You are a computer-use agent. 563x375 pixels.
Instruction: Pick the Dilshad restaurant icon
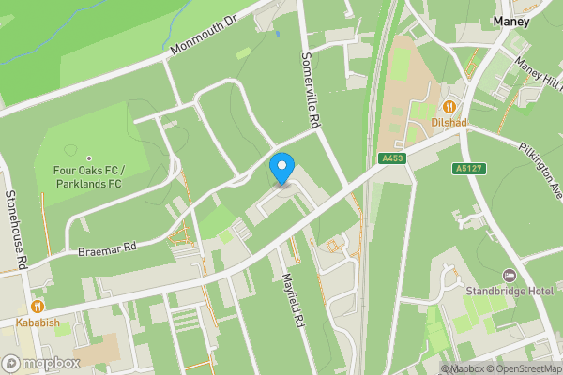point(449,107)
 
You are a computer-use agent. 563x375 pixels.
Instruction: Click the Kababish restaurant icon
point(38,306)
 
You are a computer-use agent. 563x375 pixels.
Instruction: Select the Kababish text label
point(38,322)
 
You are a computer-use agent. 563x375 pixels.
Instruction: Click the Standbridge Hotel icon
point(510,275)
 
